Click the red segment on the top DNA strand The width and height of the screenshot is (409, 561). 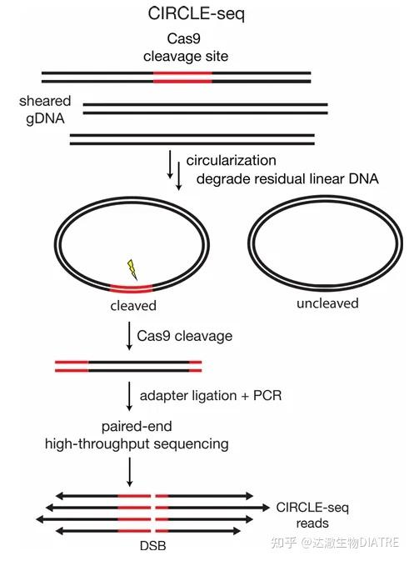(182, 77)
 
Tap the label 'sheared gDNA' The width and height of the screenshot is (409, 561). (45, 109)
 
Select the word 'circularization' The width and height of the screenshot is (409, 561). (231, 160)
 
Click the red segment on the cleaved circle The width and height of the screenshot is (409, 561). (132, 288)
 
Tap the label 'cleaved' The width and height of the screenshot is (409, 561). (132, 306)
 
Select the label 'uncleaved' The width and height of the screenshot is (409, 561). (327, 303)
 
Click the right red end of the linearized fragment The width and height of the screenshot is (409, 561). (195, 365)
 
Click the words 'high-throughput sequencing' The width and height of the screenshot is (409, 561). (137, 444)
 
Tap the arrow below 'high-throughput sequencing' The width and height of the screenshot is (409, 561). (129, 471)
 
